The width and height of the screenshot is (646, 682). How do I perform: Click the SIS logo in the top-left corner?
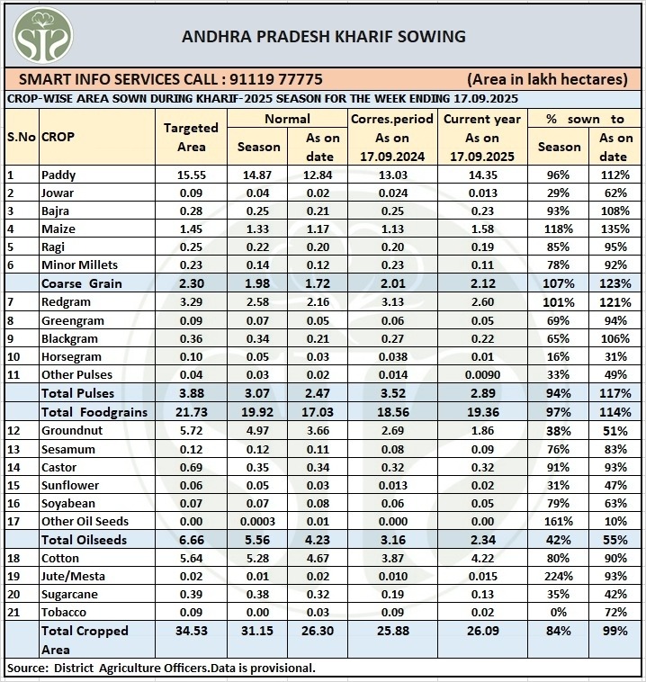point(42,35)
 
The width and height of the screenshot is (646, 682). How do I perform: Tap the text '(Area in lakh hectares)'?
point(547,79)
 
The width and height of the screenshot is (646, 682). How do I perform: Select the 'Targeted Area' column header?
point(191,137)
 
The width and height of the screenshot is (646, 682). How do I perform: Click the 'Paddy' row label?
point(58,175)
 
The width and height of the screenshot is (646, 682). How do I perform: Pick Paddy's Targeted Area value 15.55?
point(191,175)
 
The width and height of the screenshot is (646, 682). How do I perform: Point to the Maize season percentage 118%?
point(559,229)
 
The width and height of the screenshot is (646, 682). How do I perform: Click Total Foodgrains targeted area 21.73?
point(191,412)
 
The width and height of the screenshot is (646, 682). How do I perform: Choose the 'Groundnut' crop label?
point(70,430)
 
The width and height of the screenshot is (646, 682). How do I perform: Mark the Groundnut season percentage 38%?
point(559,430)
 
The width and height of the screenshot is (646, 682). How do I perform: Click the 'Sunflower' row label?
point(69,485)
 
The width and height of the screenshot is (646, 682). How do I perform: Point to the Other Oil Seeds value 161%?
point(559,521)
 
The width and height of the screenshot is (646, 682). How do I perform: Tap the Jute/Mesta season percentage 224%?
point(559,576)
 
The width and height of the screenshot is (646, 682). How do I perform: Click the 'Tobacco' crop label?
point(65,613)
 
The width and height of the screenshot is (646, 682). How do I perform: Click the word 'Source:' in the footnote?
point(29,668)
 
